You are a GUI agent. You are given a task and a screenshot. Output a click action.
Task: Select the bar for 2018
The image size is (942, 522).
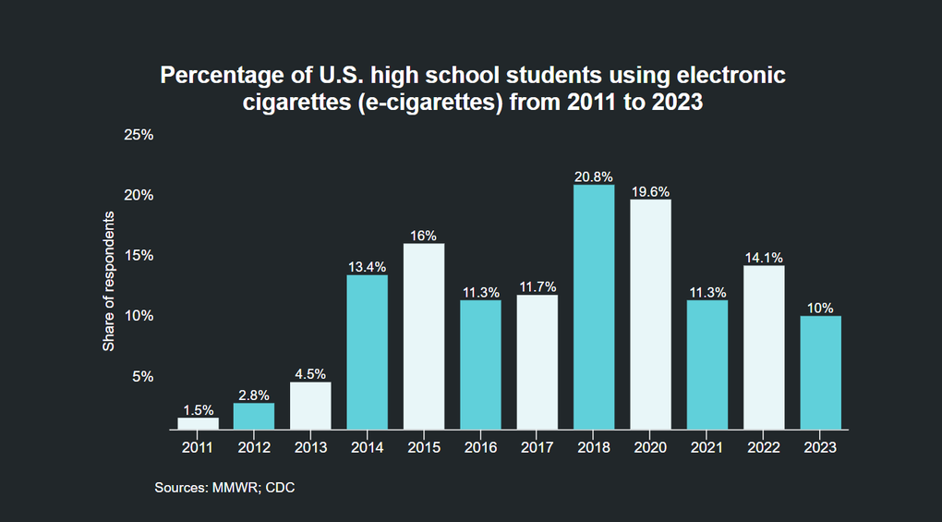594,307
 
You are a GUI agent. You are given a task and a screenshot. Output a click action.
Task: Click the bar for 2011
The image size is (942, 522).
198,423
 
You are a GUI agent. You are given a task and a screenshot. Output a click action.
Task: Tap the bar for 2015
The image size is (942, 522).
424,336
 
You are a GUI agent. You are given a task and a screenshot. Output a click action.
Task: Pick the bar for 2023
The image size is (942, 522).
820,372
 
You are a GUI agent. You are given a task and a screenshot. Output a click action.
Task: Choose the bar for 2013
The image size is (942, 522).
310,406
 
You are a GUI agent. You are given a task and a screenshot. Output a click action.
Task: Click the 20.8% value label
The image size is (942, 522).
594,176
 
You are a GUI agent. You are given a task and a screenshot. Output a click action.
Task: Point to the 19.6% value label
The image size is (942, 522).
650,191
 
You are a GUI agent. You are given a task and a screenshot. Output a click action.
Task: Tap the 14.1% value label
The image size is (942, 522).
764,258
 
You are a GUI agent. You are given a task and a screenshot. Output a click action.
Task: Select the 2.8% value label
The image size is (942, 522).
254,395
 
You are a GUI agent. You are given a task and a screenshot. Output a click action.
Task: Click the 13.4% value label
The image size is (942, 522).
368,267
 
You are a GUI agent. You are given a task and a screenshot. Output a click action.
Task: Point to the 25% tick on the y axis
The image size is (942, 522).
139,135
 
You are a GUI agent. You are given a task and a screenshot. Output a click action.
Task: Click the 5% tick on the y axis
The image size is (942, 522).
142,376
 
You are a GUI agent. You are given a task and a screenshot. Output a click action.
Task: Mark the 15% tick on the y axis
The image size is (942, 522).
139,255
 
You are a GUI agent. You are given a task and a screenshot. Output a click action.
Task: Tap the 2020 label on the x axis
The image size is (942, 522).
650,447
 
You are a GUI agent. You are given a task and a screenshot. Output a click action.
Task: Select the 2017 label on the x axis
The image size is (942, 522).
537,447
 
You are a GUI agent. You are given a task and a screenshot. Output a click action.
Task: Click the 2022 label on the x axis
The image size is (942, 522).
764,447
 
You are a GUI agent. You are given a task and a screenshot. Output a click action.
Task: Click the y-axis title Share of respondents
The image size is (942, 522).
108,281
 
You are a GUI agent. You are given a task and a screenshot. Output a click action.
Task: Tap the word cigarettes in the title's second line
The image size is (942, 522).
290,103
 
